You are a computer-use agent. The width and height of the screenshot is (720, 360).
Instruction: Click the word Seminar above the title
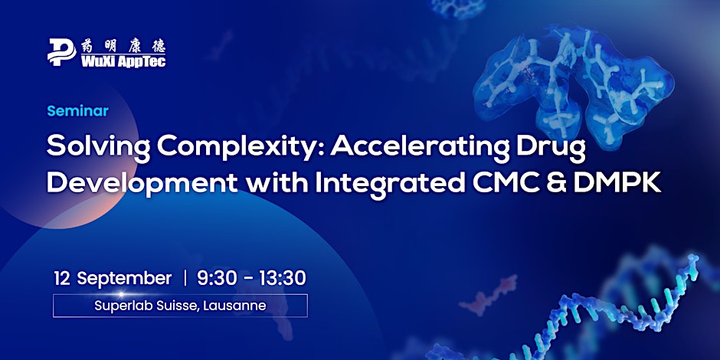(x=78, y=111)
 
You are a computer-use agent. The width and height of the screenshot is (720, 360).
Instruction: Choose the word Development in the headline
(x=142, y=182)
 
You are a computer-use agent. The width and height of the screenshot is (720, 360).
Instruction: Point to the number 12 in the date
(x=62, y=278)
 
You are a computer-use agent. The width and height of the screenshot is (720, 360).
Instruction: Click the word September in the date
(x=124, y=279)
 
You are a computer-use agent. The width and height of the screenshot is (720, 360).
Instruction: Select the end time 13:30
(x=283, y=278)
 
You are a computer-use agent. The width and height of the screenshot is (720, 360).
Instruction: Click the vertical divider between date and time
(x=185, y=278)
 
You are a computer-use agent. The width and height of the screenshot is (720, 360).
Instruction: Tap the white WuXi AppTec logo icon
(x=61, y=52)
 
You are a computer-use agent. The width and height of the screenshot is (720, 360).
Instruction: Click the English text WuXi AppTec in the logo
(x=123, y=61)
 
